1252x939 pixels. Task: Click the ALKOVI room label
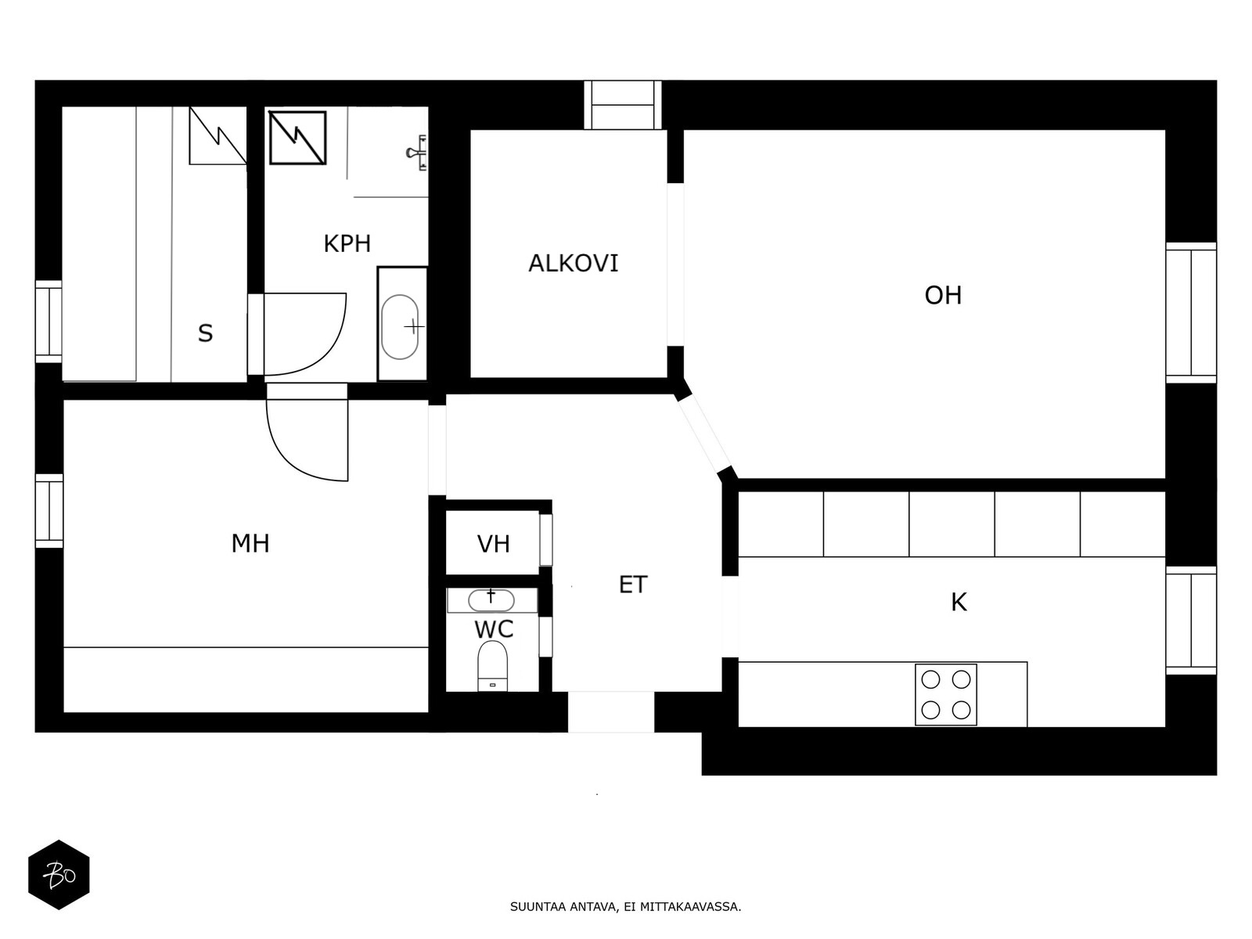[x=574, y=264]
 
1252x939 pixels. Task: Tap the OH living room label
[x=943, y=295]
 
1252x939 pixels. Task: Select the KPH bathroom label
[x=347, y=244]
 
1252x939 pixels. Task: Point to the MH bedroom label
[x=250, y=544]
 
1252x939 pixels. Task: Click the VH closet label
[x=494, y=545]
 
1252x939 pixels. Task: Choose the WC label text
[x=494, y=629]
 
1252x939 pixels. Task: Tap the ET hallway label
[x=633, y=585]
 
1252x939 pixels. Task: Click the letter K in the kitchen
[x=959, y=602]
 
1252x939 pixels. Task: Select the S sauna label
[x=205, y=333]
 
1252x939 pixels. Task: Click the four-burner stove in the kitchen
[x=946, y=694]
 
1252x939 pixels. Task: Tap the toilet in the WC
[x=492, y=665]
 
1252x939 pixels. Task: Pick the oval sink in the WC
[x=491, y=600]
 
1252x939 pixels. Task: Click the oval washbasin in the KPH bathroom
[x=400, y=326]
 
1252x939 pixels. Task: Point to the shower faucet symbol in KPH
[x=418, y=153]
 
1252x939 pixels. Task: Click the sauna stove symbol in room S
[x=218, y=135]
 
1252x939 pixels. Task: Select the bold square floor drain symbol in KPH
[x=297, y=138]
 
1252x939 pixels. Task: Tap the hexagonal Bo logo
[x=59, y=875]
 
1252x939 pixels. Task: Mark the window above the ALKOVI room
[x=622, y=105]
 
